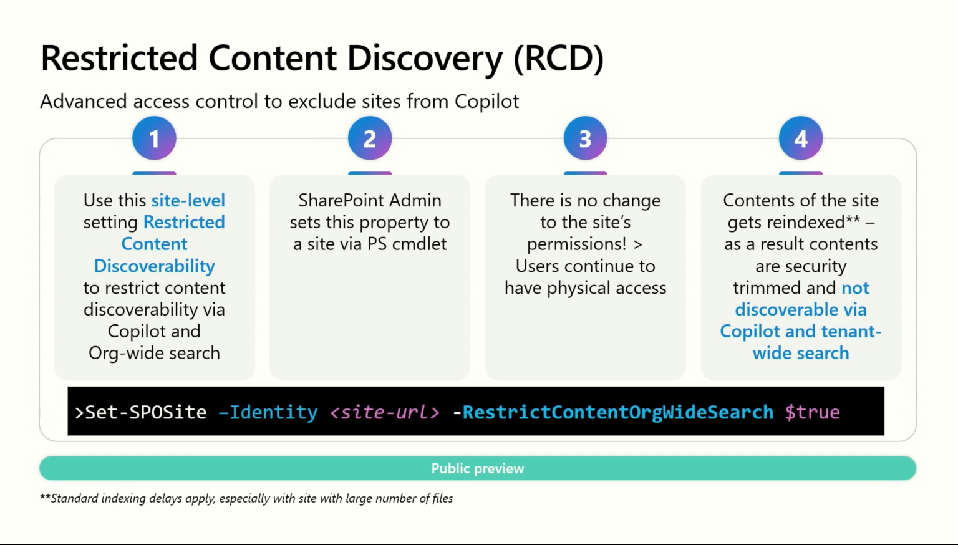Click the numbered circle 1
coord(154,138)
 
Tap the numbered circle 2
coord(370,138)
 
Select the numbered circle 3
coord(585,138)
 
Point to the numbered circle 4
coord(801,138)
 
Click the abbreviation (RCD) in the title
coord(558,59)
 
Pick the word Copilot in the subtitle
coord(486,101)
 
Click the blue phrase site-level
coord(188,200)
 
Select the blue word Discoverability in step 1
coord(154,266)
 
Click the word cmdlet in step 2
coord(419,244)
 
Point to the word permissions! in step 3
coord(576,244)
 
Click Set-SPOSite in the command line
coord(145,412)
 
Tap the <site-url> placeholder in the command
coord(385,412)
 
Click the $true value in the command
coord(812,412)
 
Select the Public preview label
coord(478,468)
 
